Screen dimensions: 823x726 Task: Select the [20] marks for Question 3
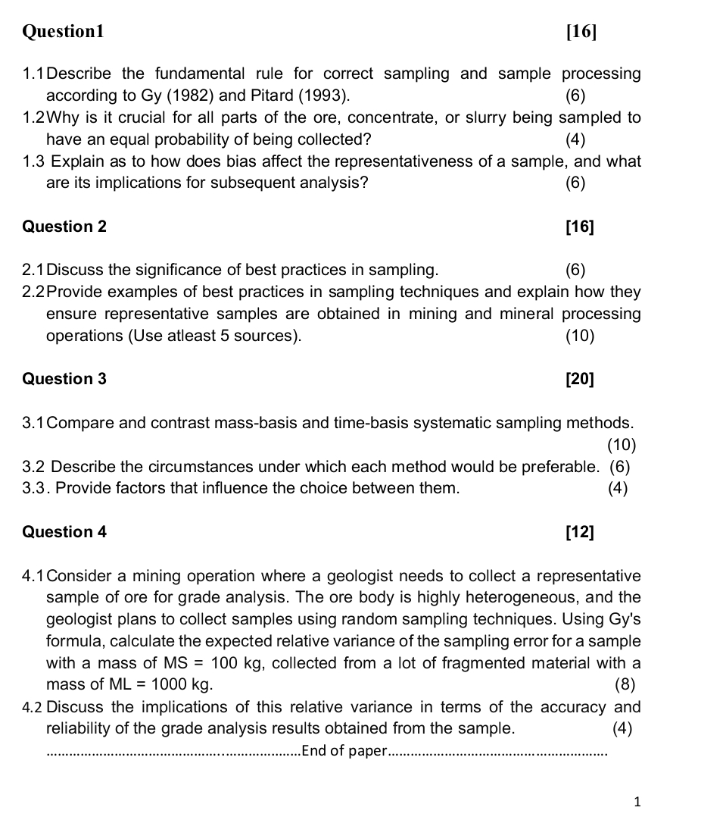pos(580,379)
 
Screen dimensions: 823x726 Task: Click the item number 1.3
pos(35,161)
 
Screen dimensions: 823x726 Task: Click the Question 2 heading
pos(65,227)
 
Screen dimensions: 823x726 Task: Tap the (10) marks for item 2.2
pos(580,336)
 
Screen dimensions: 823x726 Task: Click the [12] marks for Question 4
pos(580,532)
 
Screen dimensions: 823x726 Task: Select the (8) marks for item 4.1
pos(625,685)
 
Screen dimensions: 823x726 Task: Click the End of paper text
pos(344,751)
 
